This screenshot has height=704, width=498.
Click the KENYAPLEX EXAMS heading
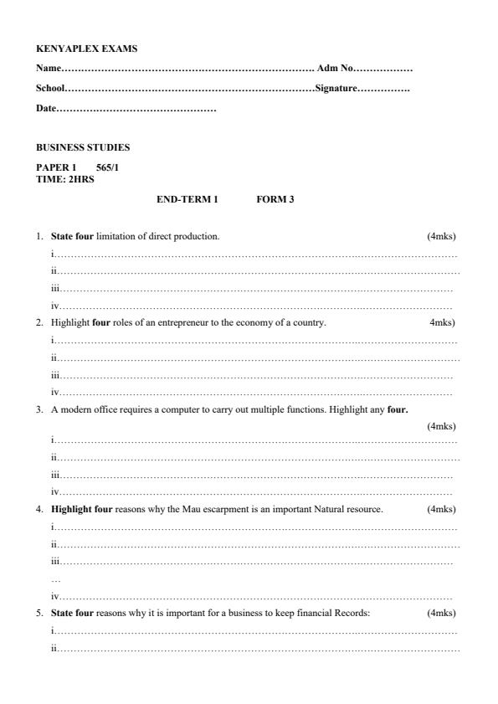point(86,49)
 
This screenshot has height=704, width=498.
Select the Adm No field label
point(336,68)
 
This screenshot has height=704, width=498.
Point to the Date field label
point(45,109)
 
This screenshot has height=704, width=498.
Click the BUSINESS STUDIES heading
point(83,147)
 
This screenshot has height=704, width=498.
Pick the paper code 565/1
point(108,167)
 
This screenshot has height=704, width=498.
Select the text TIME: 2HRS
point(64,177)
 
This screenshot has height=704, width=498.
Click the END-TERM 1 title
point(187,199)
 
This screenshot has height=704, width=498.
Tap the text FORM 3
point(275,199)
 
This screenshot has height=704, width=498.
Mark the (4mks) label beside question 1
point(441,236)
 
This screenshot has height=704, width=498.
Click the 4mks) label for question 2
point(443,322)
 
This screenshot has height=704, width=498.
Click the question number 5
point(39,613)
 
